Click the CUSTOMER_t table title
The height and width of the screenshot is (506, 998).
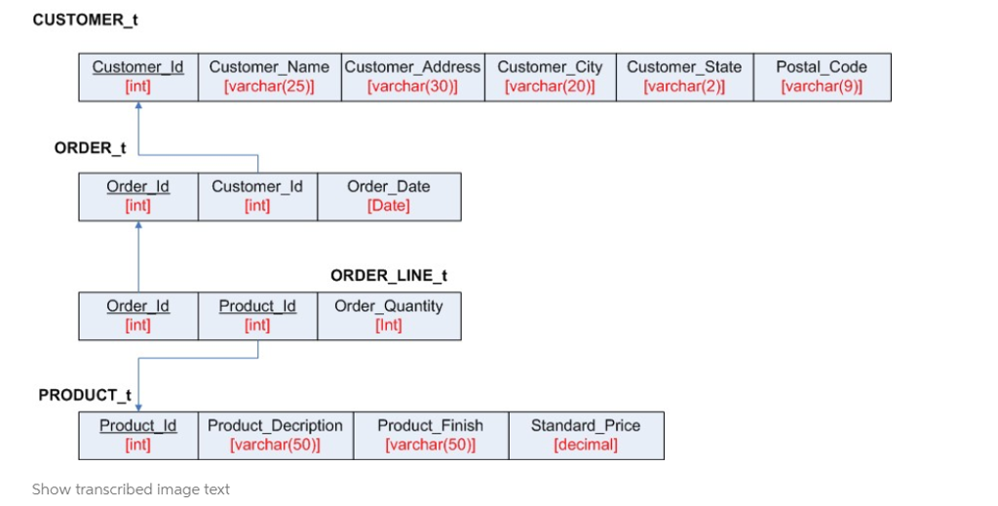tap(78, 19)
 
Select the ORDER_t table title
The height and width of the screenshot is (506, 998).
tap(90, 147)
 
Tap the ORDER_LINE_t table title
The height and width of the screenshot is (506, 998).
tap(389, 276)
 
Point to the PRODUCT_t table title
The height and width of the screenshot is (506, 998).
tap(85, 395)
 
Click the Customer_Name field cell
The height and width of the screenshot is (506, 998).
tap(269, 77)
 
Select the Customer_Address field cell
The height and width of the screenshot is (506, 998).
tap(412, 77)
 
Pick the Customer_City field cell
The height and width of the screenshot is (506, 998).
tap(550, 77)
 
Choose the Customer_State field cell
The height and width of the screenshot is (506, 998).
tap(684, 77)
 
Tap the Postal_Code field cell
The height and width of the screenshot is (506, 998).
tap(822, 77)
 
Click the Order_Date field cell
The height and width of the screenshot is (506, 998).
tap(389, 196)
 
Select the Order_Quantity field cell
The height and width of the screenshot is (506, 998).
tap(389, 316)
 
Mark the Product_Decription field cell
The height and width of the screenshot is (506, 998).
tap(275, 435)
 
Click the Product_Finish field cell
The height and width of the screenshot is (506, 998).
tap(430, 435)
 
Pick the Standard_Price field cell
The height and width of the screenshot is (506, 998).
tap(586, 435)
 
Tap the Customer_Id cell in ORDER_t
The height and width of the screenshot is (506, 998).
tap(257, 196)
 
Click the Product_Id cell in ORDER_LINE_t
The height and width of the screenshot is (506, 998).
tap(257, 316)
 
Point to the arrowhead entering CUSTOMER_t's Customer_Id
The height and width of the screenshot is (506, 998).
tap(138, 106)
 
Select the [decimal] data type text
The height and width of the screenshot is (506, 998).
tap(586, 446)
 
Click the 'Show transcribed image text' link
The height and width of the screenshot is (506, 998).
tap(131, 489)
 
